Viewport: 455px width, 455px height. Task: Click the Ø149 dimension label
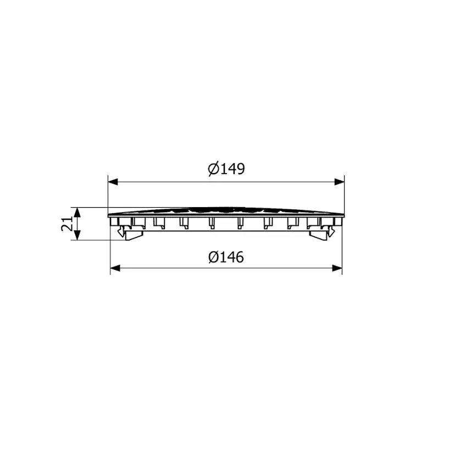click(x=226, y=169)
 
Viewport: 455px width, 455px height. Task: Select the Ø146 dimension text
click(x=226, y=257)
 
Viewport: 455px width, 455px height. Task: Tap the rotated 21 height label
click(x=67, y=224)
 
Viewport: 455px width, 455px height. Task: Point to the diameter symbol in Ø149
click(x=214, y=169)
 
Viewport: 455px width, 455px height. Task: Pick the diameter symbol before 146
click(x=214, y=257)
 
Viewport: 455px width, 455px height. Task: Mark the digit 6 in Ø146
click(x=240, y=257)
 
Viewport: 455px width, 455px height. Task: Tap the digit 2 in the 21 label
click(x=67, y=227)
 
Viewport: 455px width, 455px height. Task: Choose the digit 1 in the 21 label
click(x=67, y=219)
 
